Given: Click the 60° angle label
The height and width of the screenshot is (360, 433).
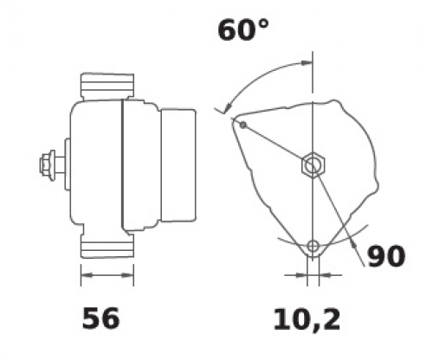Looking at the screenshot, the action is (243, 29).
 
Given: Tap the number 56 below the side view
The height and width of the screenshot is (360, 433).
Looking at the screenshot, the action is (100, 318).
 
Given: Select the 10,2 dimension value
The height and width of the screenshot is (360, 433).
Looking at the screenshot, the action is (307, 319).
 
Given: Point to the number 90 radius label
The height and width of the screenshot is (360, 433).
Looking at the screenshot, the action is (386, 256).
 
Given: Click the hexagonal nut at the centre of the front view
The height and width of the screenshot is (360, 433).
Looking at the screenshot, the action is (313, 164).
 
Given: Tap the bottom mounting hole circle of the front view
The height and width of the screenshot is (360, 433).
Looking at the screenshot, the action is (313, 246).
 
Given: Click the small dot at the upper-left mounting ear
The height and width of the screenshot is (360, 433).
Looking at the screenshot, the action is (243, 125).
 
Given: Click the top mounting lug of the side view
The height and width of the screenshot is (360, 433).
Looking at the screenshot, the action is (107, 86).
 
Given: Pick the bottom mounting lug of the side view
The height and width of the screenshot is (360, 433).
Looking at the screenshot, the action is (107, 246).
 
